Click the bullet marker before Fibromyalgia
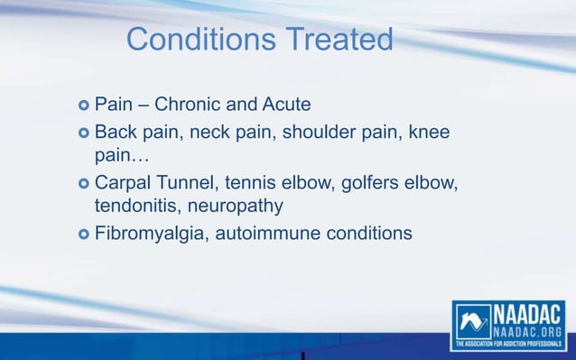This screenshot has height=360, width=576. click(x=83, y=234)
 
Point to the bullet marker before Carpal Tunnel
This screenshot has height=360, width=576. click(x=83, y=186)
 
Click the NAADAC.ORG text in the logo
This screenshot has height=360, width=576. click(x=528, y=331)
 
